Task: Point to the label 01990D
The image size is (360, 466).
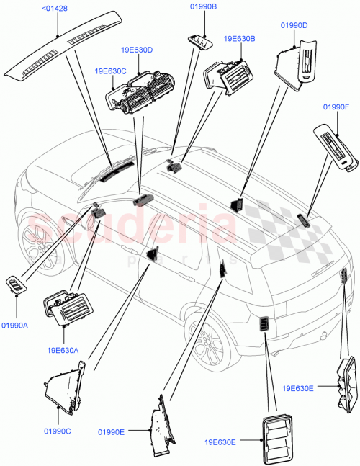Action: [294, 25]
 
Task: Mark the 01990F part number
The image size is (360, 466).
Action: [336, 107]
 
